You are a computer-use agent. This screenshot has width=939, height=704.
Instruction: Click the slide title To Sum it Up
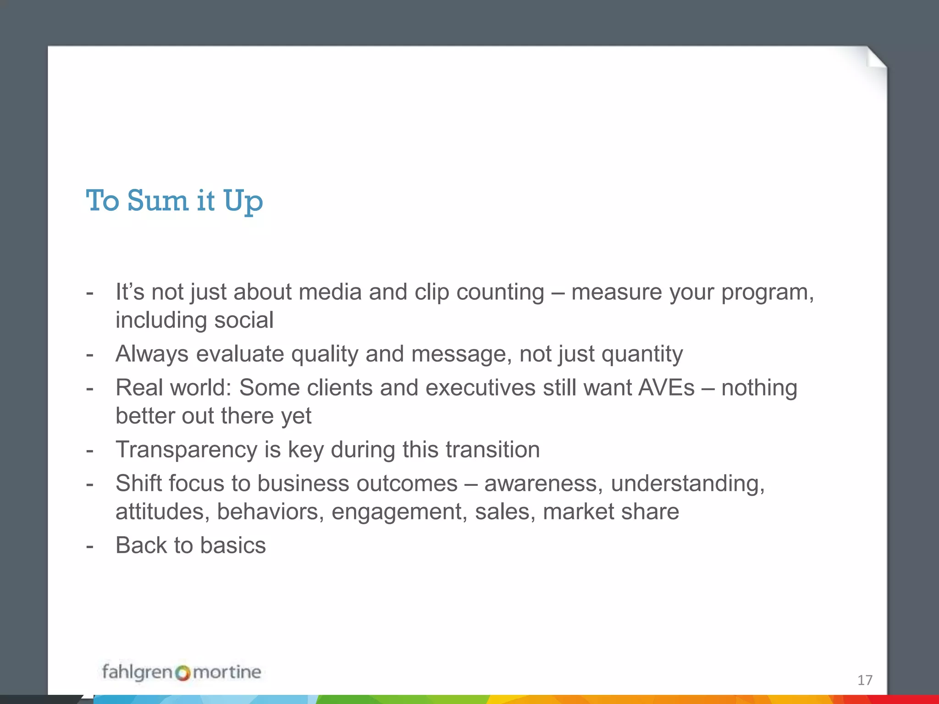click(x=174, y=201)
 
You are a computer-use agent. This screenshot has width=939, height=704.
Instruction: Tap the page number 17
click(x=865, y=680)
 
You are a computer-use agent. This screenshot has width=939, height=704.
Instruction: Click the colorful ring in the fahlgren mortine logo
click(x=182, y=673)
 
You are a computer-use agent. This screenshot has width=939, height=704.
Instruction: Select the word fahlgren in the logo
click(x=137, y=672)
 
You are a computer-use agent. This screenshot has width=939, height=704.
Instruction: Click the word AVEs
click(x=666, y=388)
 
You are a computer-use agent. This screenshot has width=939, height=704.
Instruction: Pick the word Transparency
click(x=186, y=450)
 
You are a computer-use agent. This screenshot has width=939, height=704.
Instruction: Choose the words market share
click(x=611, y=511)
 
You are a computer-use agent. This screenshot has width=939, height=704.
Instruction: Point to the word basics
click(x=232, y=545)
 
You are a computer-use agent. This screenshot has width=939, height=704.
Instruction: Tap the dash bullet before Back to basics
click(x=90, y=546)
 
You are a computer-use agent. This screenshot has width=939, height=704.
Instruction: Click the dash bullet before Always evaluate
click(x=90, y=354)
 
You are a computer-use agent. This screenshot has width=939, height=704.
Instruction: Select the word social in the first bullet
click(x=244, y=320)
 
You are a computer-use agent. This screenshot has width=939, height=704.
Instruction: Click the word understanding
click(x=687, y=484)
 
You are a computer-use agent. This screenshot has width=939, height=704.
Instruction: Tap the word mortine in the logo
click(x=226, y=672)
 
